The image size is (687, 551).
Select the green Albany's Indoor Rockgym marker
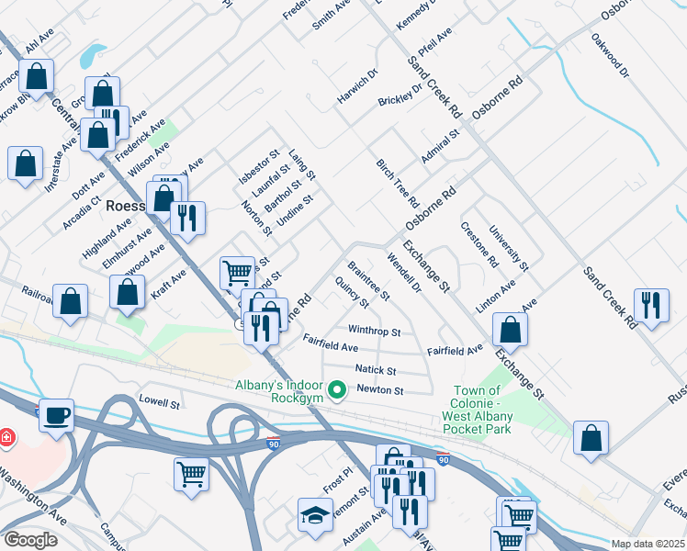coord(337,392)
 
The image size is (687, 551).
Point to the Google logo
coord(30,540)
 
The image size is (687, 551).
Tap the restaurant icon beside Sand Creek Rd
coord(651,305)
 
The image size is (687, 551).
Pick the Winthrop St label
coord(374,330)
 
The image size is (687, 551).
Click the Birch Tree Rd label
coord(398,182)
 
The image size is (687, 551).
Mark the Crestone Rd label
coord(479,244)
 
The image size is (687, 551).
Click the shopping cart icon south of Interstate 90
coord(192,473)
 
